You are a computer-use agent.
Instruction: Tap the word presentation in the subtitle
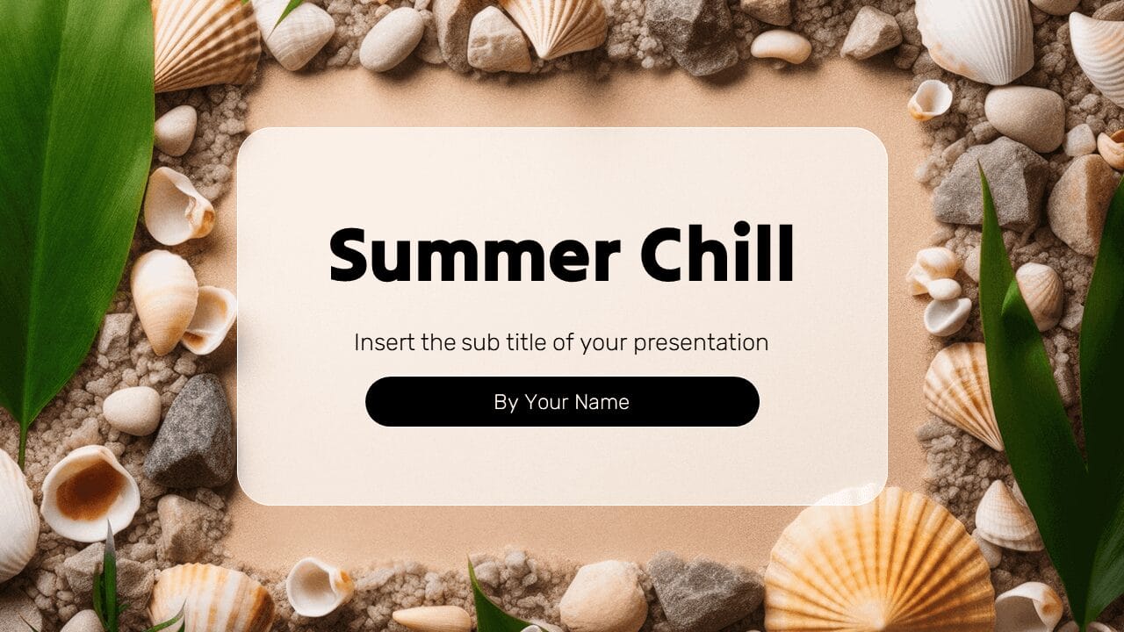click(701, 342)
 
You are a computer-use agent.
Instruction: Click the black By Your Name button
click(562, 402)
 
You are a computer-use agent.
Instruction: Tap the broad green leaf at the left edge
click(70, 193)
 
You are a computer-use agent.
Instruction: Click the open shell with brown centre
click(90, 492)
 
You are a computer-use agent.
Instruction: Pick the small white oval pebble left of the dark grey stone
click(132, 410)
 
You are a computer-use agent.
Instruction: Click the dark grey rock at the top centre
click(691, 35)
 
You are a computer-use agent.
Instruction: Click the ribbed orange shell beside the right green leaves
click(963, 391)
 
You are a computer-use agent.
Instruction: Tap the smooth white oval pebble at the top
click(392, 39)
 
